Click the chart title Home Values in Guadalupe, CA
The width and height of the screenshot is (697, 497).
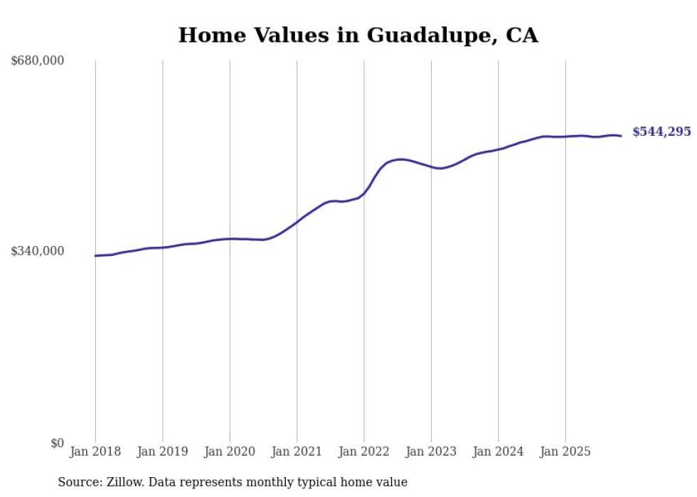pos(358,35)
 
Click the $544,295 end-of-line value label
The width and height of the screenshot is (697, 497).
pos(661,132)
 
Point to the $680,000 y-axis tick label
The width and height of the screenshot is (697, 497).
pos(38,61)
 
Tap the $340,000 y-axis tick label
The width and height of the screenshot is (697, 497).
pos(38,251)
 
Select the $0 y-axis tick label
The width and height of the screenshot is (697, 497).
pos(57,443)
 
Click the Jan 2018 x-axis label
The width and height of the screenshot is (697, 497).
pos(95,451)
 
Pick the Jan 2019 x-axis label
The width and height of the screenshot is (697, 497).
pos(162,451)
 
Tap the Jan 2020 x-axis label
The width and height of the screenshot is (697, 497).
pos(230,451)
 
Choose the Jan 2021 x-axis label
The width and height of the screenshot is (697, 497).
pos(297,451)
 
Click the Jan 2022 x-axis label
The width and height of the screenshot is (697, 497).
pos(364,451)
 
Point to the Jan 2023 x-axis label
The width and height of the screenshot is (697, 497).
pos(431,451)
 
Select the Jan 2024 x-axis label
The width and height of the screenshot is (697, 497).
pos(499,451)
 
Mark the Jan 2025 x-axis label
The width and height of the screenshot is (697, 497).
pos(565,451)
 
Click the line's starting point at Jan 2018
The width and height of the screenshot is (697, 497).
pos(95,256)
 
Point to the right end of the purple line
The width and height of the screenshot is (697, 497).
pos(622,136)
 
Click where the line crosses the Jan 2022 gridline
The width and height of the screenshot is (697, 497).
pos(364,193)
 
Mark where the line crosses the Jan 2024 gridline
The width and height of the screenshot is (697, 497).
pos(499,149)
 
